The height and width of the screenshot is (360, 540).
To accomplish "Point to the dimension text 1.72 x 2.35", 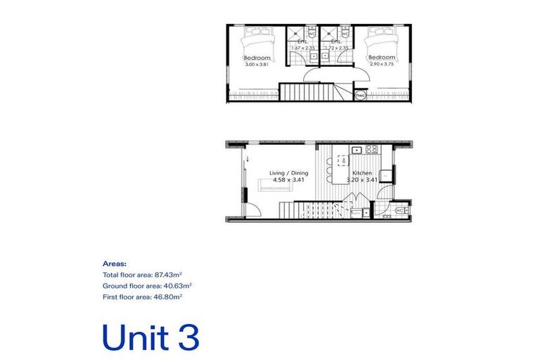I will (336, 48).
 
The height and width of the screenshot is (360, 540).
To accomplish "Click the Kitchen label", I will (361, 173).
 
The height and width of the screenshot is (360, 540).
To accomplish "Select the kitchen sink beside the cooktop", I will (356, 150).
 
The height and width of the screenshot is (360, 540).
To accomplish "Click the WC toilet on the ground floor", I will (401, 210).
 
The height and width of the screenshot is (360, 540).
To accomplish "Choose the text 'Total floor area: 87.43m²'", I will (143, 274).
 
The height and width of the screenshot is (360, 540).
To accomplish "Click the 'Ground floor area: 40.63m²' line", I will (147, 285).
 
